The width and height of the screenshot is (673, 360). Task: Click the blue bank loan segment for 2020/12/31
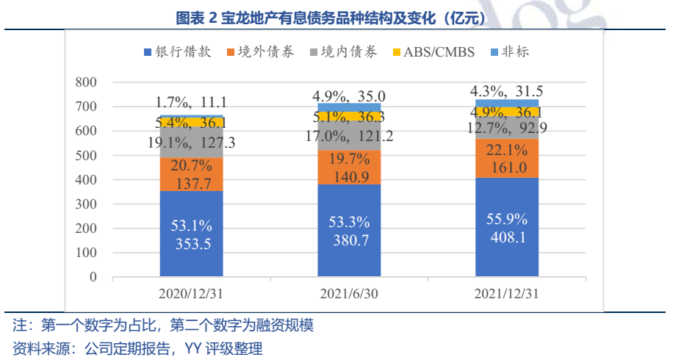click(x=192, y=234)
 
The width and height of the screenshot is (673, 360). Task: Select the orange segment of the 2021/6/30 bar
click(x=349, y=168)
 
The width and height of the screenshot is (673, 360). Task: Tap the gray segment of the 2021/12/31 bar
click(x=506, y=129)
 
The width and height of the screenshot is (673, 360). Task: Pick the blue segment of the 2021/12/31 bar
click(x=506, y=227)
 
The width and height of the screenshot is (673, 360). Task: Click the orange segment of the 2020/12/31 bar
click(x=192, y=174)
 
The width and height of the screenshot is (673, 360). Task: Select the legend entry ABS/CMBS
click(x=434, y=51)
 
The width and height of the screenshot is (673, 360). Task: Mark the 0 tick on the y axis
click(x=93, y=277)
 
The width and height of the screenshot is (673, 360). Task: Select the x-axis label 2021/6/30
click(x=349, y=295)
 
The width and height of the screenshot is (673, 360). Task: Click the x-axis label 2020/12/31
click(x=192, y=295)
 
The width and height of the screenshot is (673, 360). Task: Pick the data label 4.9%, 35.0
click(x=349, y=96)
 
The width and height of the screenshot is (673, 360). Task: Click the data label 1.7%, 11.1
click(x=192, y=102)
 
